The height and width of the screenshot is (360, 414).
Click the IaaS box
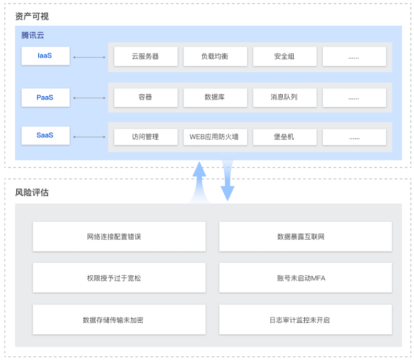tap(45, 56)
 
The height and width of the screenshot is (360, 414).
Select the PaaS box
tap(45, 97)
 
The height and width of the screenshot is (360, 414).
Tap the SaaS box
tap(45, 136)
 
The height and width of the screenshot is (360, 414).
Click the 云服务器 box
tap(145, 57)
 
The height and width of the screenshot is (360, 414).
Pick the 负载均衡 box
tap(215, 57)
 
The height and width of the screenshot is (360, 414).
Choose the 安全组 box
tap(284, 57)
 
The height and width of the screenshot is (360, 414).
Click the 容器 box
tap(145, 97)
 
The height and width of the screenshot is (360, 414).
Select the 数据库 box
tap(215, 97)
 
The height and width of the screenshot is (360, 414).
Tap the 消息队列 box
tap(284, 97)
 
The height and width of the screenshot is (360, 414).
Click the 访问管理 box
tap(145, 137)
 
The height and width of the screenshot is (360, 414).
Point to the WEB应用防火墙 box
tap(215, 137)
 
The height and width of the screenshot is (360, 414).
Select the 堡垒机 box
tap(284, 137)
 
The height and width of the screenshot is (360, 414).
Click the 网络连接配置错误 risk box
tap(119, 237)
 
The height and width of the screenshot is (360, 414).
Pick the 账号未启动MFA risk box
tap(305, 278)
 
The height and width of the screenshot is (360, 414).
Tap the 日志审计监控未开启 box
tap(305, 320)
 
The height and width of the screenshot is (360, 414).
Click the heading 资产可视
tap(32, 16)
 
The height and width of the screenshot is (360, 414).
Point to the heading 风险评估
tap(32, 192)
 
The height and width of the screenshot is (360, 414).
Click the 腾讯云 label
tap(33, 35)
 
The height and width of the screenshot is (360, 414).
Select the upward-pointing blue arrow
tap(199, 181)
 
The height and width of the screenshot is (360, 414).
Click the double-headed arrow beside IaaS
tap(89, 57)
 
